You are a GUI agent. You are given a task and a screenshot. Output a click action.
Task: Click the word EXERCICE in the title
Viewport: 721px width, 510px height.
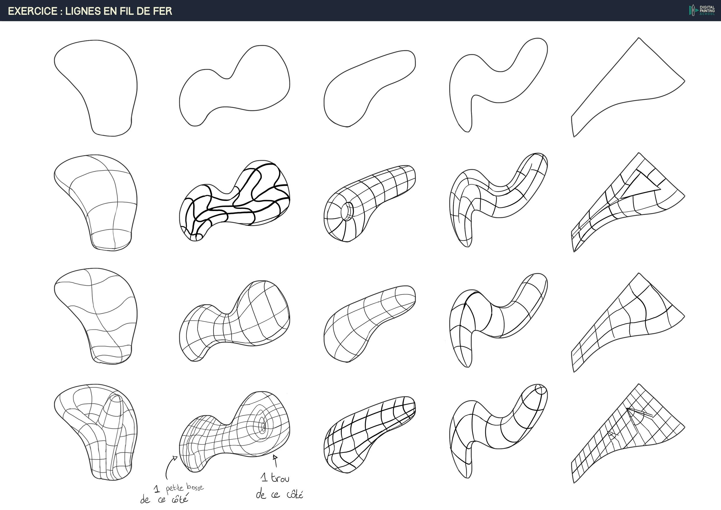pos(33,11)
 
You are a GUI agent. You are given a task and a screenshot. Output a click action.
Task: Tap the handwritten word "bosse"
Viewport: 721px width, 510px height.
pos(195,487)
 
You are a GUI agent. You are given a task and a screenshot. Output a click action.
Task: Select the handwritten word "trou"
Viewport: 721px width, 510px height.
pos(280,478)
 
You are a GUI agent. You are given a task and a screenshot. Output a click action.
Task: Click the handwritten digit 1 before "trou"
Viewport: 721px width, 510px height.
pos(264,478)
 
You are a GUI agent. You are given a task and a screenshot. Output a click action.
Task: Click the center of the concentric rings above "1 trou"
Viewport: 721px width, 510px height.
pos(263,426)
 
